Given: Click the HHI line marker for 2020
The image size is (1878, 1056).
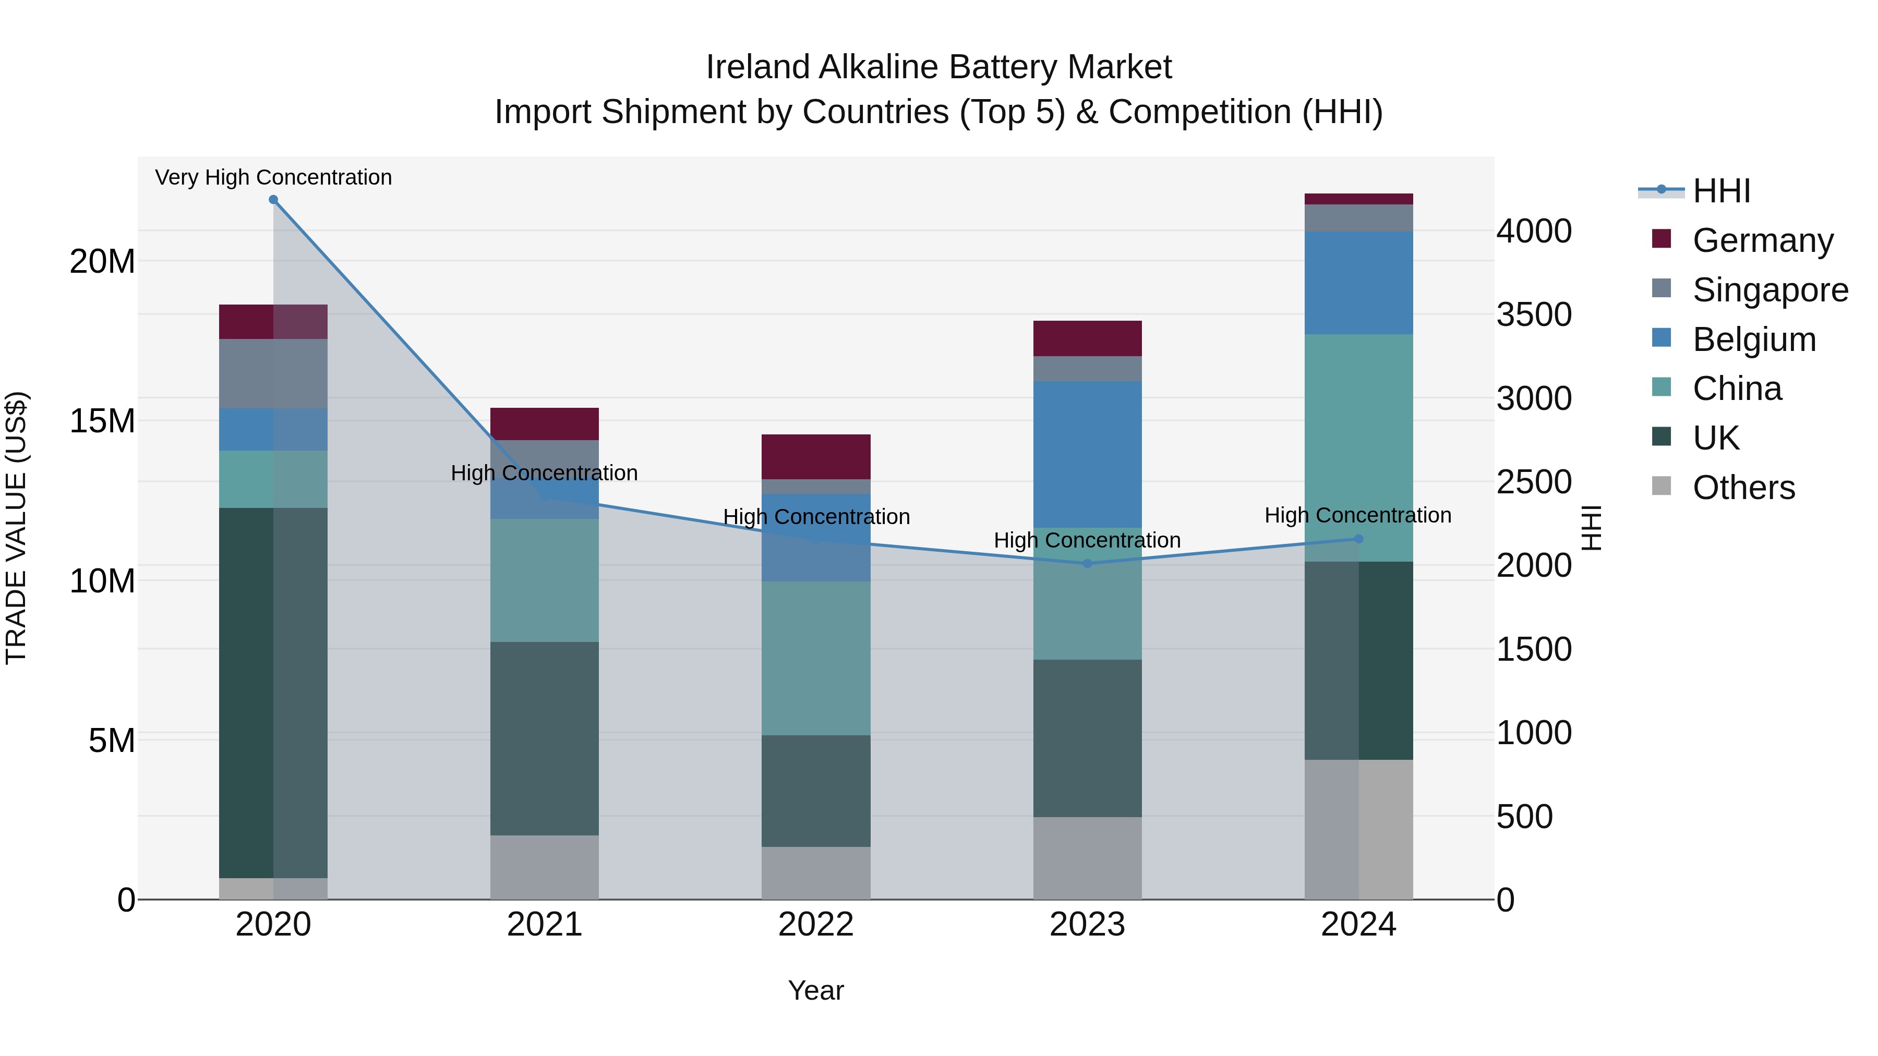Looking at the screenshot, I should pos(273,200).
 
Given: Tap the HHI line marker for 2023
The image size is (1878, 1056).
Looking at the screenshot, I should pos(1087,563).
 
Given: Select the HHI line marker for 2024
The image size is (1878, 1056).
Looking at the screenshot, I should pos(1358,539).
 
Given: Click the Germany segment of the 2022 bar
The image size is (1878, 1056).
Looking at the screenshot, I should pos(816,457).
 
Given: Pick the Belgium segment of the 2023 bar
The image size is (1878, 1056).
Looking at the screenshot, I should pos(1087,454).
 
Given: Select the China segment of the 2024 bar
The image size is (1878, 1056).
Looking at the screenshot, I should pos(1358,447).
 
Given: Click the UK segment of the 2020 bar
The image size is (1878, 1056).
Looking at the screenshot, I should pos(273,693).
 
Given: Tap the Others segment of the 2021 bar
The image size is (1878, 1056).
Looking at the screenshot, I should pos(544,867).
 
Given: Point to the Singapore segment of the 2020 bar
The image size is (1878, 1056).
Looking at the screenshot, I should pos(273,373).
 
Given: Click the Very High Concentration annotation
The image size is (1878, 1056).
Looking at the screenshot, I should pos(273,178).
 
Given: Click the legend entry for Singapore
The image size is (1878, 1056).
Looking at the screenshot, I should pos(1770,290).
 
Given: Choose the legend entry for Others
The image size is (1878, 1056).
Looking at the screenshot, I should pos(1743,488).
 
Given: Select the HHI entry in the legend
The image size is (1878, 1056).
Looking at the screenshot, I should pos(1720,191).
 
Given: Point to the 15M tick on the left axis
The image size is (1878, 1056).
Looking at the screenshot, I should pos(102,421).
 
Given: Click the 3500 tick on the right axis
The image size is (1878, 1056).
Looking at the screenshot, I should pos(1534,315).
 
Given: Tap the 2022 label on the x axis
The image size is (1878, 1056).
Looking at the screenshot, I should pos(816,925).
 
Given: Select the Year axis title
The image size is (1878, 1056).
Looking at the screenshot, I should pos(816,990).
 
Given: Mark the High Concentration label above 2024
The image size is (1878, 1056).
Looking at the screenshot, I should pos(1357,515).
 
